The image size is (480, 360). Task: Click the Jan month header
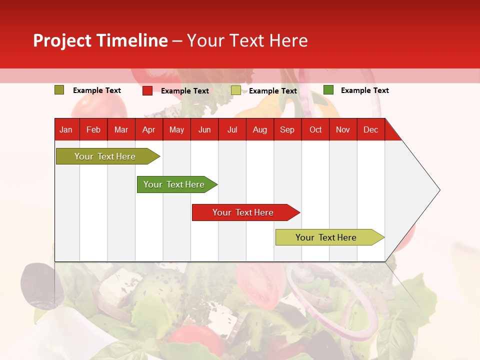[66, 130]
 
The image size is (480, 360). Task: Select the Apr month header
[148, 130]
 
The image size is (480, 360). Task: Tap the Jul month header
[232, 130]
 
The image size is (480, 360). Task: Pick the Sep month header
[287, 130]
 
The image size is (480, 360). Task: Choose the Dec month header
[370, 130]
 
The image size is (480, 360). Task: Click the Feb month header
[93, 130]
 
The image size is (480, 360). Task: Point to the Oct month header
[315, 130]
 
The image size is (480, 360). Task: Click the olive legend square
[59, 90]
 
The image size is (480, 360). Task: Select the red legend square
[147, 90]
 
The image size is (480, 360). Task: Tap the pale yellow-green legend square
[236, 90]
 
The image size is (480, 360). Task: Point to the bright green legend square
[328, 90]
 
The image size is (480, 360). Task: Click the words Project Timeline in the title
[100, 40]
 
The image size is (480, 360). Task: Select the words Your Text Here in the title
[247, 40]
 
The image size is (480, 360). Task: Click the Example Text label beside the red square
[185, 91]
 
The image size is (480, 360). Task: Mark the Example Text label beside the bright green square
[365, 90]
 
